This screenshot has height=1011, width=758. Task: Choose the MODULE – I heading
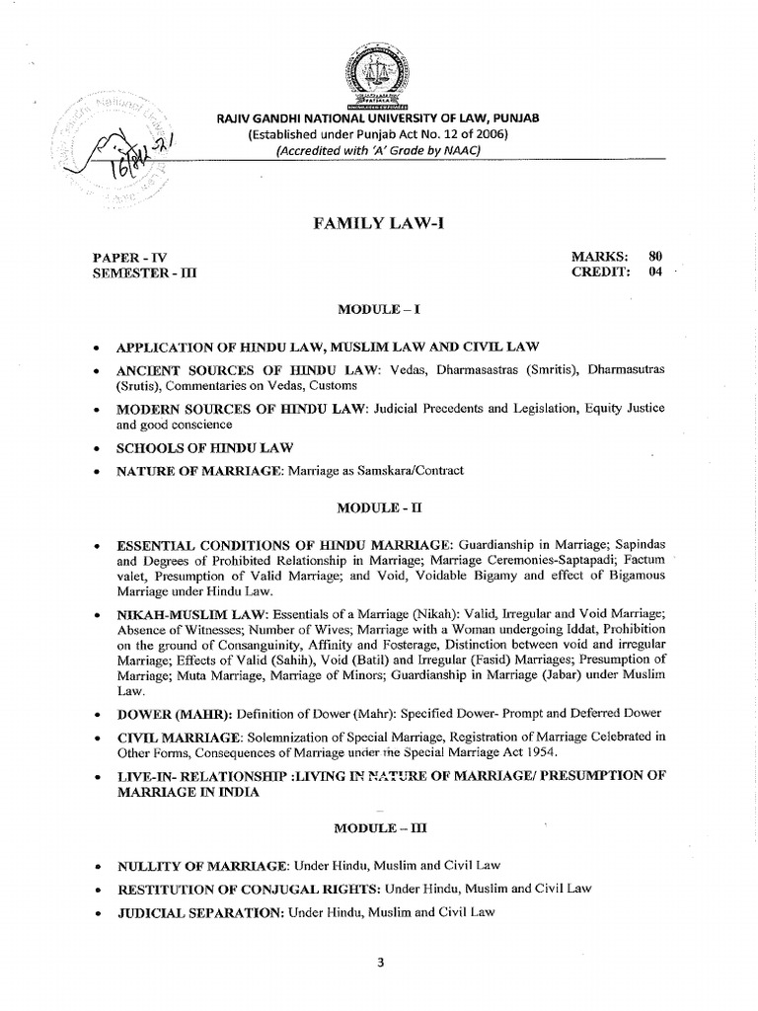pyautogui.click(x=379, y=309)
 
